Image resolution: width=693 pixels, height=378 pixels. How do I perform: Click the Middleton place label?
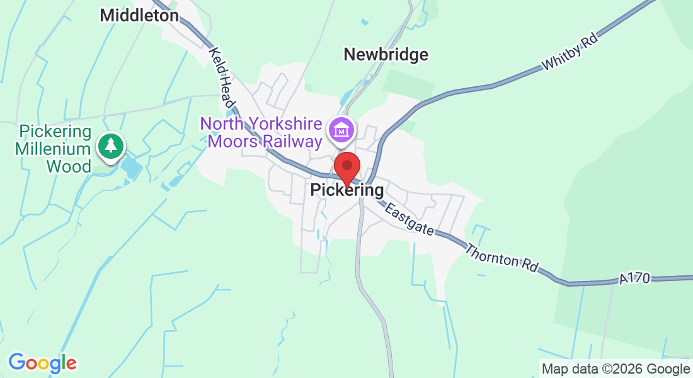point(139,15)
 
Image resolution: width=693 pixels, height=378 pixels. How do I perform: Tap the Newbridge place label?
point(386,55)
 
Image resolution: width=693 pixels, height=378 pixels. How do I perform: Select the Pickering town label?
point(346,190)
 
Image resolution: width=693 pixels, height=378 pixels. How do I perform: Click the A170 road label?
point(633,278)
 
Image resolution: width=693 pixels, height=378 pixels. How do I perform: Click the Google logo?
point(42,363)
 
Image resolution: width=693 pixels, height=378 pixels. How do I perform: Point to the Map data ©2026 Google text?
point(616,369)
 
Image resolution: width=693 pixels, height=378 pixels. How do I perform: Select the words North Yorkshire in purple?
point(262,123)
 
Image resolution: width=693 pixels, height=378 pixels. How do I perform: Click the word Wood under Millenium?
point(69,166)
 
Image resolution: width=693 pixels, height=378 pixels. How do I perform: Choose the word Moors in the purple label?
point(232,142)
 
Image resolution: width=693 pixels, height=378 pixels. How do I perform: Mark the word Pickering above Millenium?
point(55,132)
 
